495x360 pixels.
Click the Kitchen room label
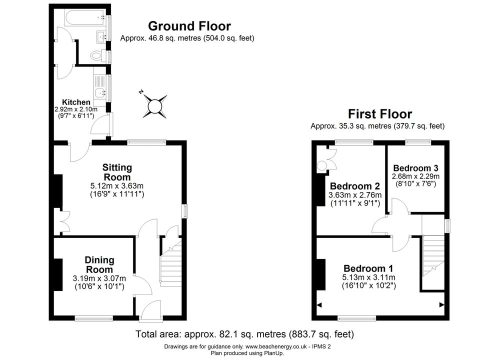click(x=76, y=102)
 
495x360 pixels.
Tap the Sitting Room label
click(x=117, y=172)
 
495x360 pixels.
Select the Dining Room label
click(x=99, y=264)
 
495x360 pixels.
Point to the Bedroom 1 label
click(x=368, y=268)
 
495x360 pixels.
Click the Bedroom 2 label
click(x=355, y=186)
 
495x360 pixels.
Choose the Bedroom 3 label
click(x=416, y=168)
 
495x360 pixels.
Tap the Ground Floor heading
click(x=189, y=26)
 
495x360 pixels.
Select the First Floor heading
click(x=380, y=113)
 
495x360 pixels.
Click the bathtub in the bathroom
click(x=85, y=17)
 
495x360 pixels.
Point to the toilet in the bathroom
click(x=97, y=56)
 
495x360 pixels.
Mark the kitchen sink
click(x=100, y=92)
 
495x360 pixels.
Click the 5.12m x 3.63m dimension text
click(x=117, y=186)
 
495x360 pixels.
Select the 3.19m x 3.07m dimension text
click(x=99, y=278)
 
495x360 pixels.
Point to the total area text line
click(x=244, y=334)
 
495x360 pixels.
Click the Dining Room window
click(x=94, y=318)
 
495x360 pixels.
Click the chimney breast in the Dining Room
click(x=58, y=274)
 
